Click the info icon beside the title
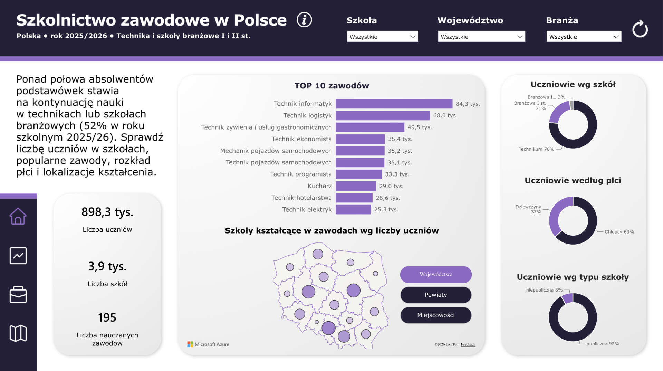pyautogui.click(x=304, y=20)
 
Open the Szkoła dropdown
pyautogui.click(x=382, y=36)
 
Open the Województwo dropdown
pyautogui.click(x=481, y=36)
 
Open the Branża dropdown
pyautogui.click(x=584, y=36)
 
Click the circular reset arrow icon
pyautogui.click(x=640, y=29)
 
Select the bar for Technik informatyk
pyautogui.click(x=394, y=104)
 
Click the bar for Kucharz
pyautogui.click(x=356, y=186)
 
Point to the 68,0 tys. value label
pyautogui.click(x=445, y=115)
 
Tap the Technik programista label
pyautogui.click(x=301, y=174)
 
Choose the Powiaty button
pyautogui.click(x=436, y=295)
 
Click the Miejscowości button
pyautogui.click(x=436, y=315)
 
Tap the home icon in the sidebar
pyautogui.click(x=18, y=216)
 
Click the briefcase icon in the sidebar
pyautogui.click(x=18, y=295)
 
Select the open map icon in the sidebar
pyautogui.click(x=18, y=333)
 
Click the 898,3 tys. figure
pyautogui.click(x=107, y=212)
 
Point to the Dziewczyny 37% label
pyautogui.click(x=528, y=209)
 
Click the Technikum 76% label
pyautogui.click(x=536, y=149)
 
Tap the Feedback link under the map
pyautogui.click(x=468, y=344)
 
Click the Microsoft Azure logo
pyautogui.click(x=208, y=344)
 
